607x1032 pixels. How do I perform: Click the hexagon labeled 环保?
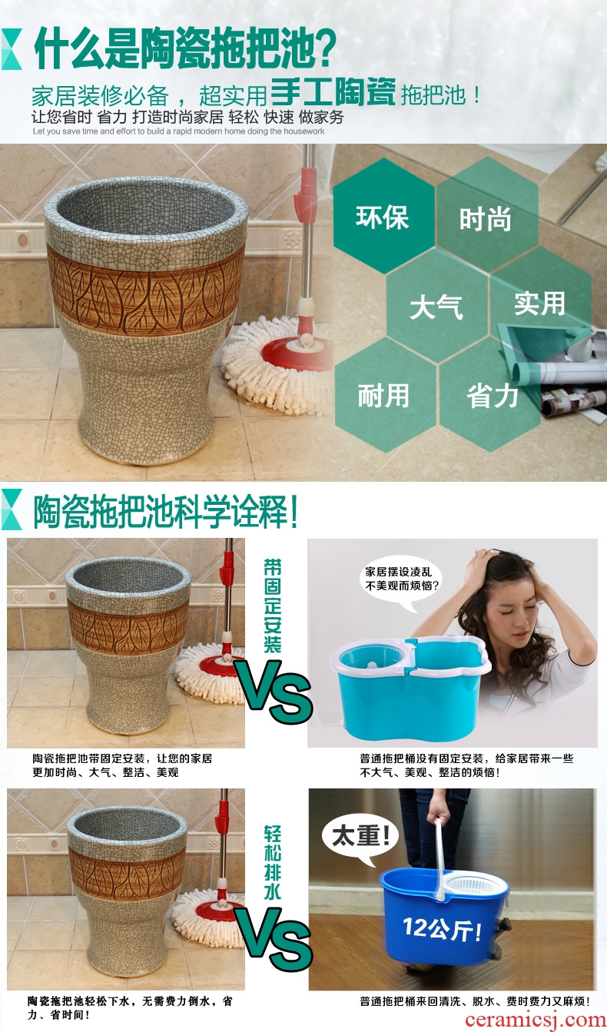tap(383, 216)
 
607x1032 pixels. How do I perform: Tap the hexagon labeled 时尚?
tap(487, 217)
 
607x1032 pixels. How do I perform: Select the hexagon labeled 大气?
tap(436, 306)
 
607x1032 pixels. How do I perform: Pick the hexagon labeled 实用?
tap(539, 304)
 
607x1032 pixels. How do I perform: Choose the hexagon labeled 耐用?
tap(384, 395)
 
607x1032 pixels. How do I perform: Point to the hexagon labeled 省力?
tap(490, 395)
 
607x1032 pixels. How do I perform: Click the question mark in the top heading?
tap(321, 48)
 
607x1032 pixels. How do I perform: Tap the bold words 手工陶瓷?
tap(333, 92)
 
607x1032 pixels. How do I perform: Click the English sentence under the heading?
tap(179, 131)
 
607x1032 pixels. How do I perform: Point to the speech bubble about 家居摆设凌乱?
tap(402, 582)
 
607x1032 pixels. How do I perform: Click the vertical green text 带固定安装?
tap(272, 606)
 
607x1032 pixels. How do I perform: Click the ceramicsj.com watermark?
tap(535, 1020)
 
